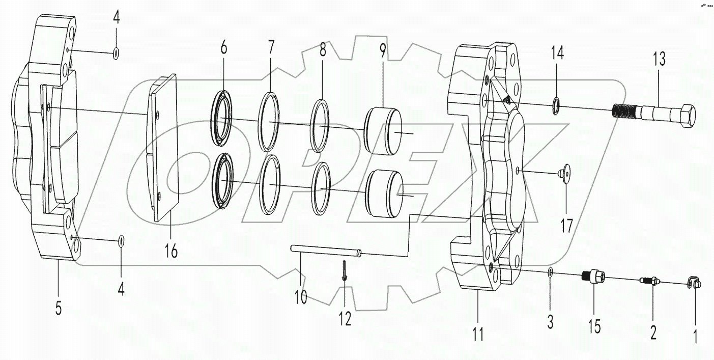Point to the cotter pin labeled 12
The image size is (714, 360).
345,270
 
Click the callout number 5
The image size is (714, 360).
59,308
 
